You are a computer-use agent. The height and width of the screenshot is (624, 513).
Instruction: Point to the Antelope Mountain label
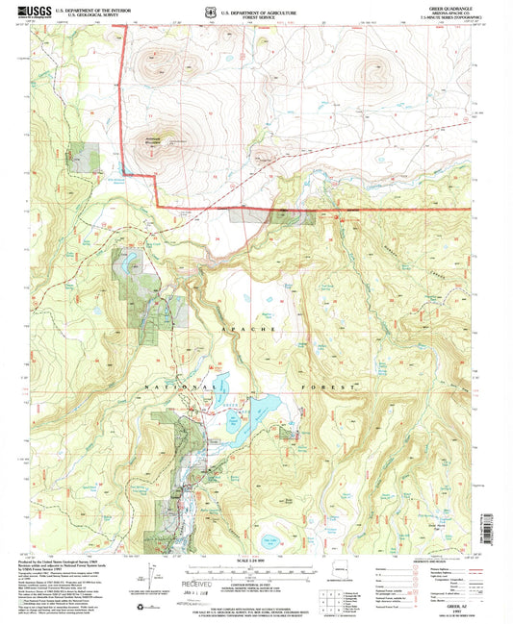pyautogui.click(x=156, y=137)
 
